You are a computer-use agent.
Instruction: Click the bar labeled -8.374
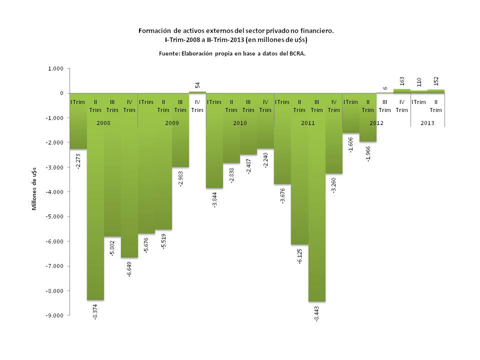tap(95, 210)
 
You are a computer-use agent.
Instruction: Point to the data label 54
tap(197, 85)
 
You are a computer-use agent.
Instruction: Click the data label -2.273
tap(79, 160)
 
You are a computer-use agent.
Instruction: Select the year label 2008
tap(103, 122)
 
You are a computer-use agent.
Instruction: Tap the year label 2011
tap(308, 122)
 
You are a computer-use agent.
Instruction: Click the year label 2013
tap(427, 122)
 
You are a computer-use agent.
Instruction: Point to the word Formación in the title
tap(155, 30)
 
